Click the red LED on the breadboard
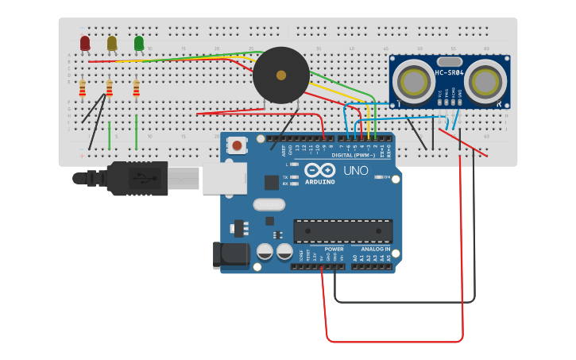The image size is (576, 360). coord(85,43)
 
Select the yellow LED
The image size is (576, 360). coord(112,43)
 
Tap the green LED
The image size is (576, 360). coord(139,43)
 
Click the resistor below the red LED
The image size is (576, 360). coord(82,87)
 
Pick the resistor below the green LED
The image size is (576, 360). coord(136,87)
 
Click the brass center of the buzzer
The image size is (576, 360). coord(281,75)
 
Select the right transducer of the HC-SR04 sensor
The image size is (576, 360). coord(485,80)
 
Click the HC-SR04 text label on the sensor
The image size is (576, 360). coord(450,74)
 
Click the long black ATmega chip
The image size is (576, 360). coord(342,231)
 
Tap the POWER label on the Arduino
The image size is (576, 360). coord(334,250)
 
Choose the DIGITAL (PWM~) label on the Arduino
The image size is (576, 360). coord(354,155)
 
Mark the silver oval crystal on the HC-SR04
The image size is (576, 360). coord(450,61)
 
